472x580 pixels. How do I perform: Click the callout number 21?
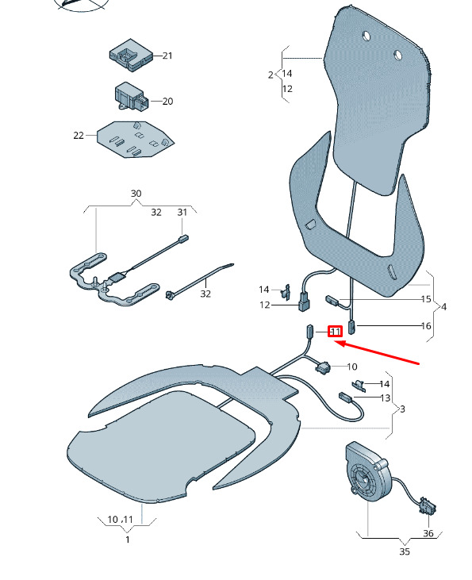(167, 56)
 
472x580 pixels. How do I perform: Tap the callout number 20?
(167, 102)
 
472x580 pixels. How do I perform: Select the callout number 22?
(79, 136)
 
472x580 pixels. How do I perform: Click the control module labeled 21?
(131, 55)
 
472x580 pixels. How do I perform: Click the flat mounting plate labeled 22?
(136, 139)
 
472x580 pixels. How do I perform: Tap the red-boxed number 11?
(336, 332)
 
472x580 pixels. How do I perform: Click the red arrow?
(377, 353)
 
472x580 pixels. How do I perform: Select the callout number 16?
(426, 326)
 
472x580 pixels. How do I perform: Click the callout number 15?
(426, 299)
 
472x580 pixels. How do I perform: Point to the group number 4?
(444, 307)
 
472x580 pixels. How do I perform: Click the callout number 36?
(428, 533)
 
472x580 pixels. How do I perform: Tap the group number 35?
(405, 551)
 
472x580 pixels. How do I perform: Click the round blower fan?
(367, 471)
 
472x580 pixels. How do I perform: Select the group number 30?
(136, 194)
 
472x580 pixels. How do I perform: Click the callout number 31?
(182, 213)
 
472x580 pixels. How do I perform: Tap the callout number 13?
(386, 398)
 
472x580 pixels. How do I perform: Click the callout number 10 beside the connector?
(352, 367)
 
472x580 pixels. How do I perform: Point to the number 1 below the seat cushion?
(128, 540)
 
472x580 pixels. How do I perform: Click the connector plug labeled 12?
(304, 301)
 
